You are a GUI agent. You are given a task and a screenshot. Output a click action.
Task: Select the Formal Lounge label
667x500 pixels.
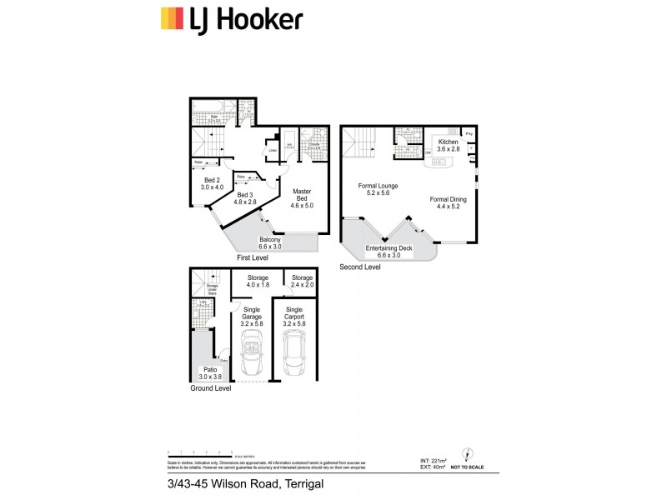tap(378, 190)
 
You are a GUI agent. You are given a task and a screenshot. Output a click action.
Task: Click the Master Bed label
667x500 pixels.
tap(301, 197)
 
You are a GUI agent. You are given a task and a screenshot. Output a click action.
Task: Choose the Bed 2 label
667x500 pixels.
tap(212, 184)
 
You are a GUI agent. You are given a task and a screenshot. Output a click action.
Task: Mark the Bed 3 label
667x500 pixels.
tap(246, 197)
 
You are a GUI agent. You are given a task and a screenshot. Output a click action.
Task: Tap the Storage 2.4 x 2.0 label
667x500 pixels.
tap(302, 282)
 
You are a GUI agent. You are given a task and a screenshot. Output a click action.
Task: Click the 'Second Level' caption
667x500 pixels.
tap(360, 267)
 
